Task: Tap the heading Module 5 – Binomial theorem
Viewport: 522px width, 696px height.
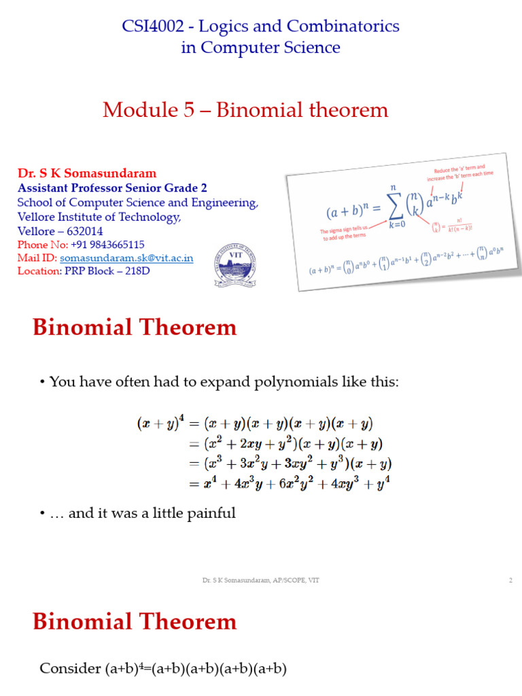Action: pos(245,110)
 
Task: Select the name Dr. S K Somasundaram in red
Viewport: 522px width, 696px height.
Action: pos(87,173)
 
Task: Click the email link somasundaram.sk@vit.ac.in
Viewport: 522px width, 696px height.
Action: pos(126,258)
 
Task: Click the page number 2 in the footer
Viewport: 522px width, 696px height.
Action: pos(510,580)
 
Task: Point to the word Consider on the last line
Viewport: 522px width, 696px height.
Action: pos(70,669)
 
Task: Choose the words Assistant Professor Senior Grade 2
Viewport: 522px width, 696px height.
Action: pos(113,188)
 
